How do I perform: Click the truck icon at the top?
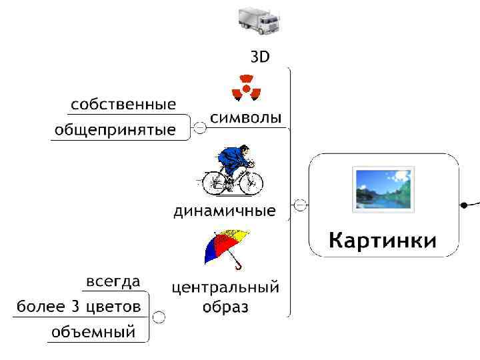[x=259, y=21]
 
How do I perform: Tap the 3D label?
[x=260, y=57]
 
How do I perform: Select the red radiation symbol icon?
[x=246, y=87]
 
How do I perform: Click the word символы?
[x=246, y=119]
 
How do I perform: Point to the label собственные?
[x=124, y=105]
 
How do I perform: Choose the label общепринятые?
[x=115, y=130]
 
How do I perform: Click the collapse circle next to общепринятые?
[x=199, y=127]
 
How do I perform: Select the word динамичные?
[x=225, y=212]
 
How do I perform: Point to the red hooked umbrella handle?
[x=238, y=266]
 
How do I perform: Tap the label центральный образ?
[x=225, y=297]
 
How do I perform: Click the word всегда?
[x=113, y=282]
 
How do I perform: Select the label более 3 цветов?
[x=79, y=307]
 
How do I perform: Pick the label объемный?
[x=93, y=331]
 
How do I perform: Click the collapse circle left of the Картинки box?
[x=301, y=205]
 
